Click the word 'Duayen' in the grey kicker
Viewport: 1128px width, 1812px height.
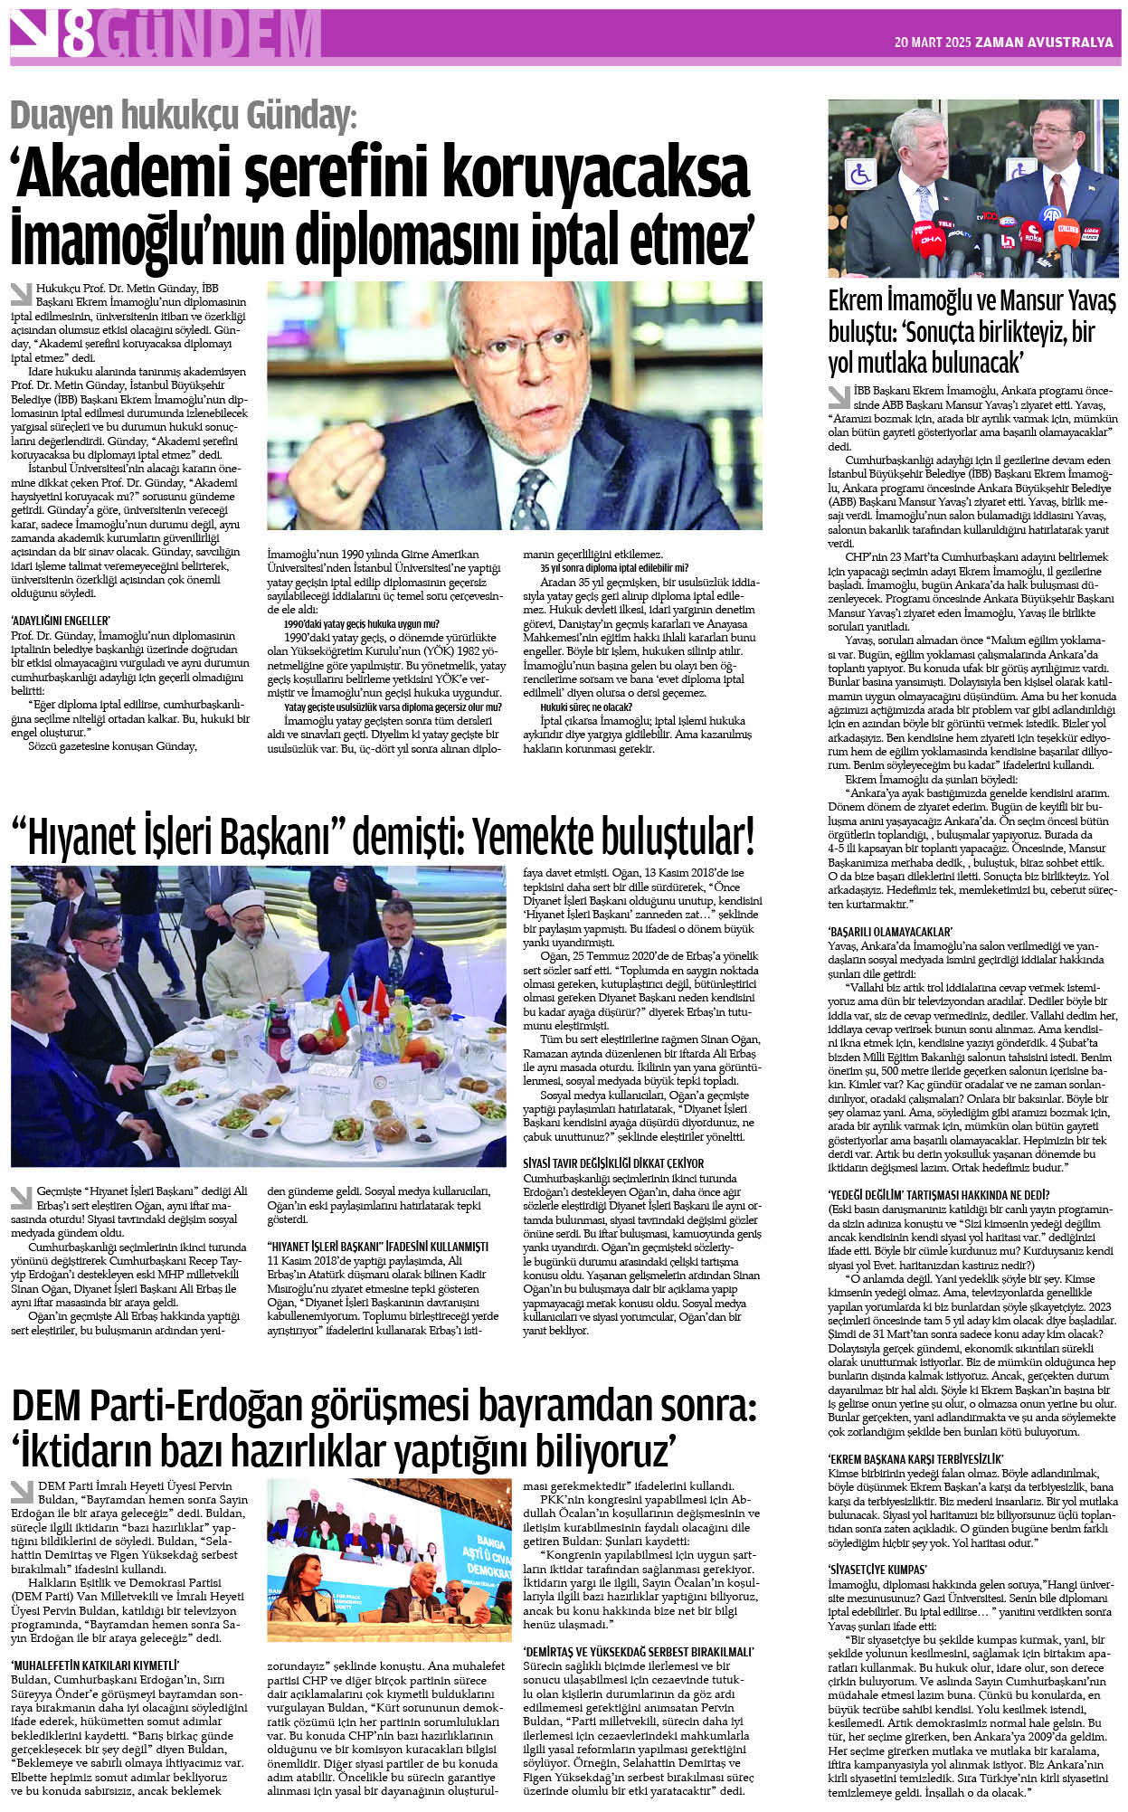[62, 117]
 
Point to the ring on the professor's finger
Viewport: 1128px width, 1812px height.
[342, 489]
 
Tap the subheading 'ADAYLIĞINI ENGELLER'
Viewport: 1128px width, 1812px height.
[60, 621]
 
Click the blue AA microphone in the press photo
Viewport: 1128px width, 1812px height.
[1051, 215]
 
